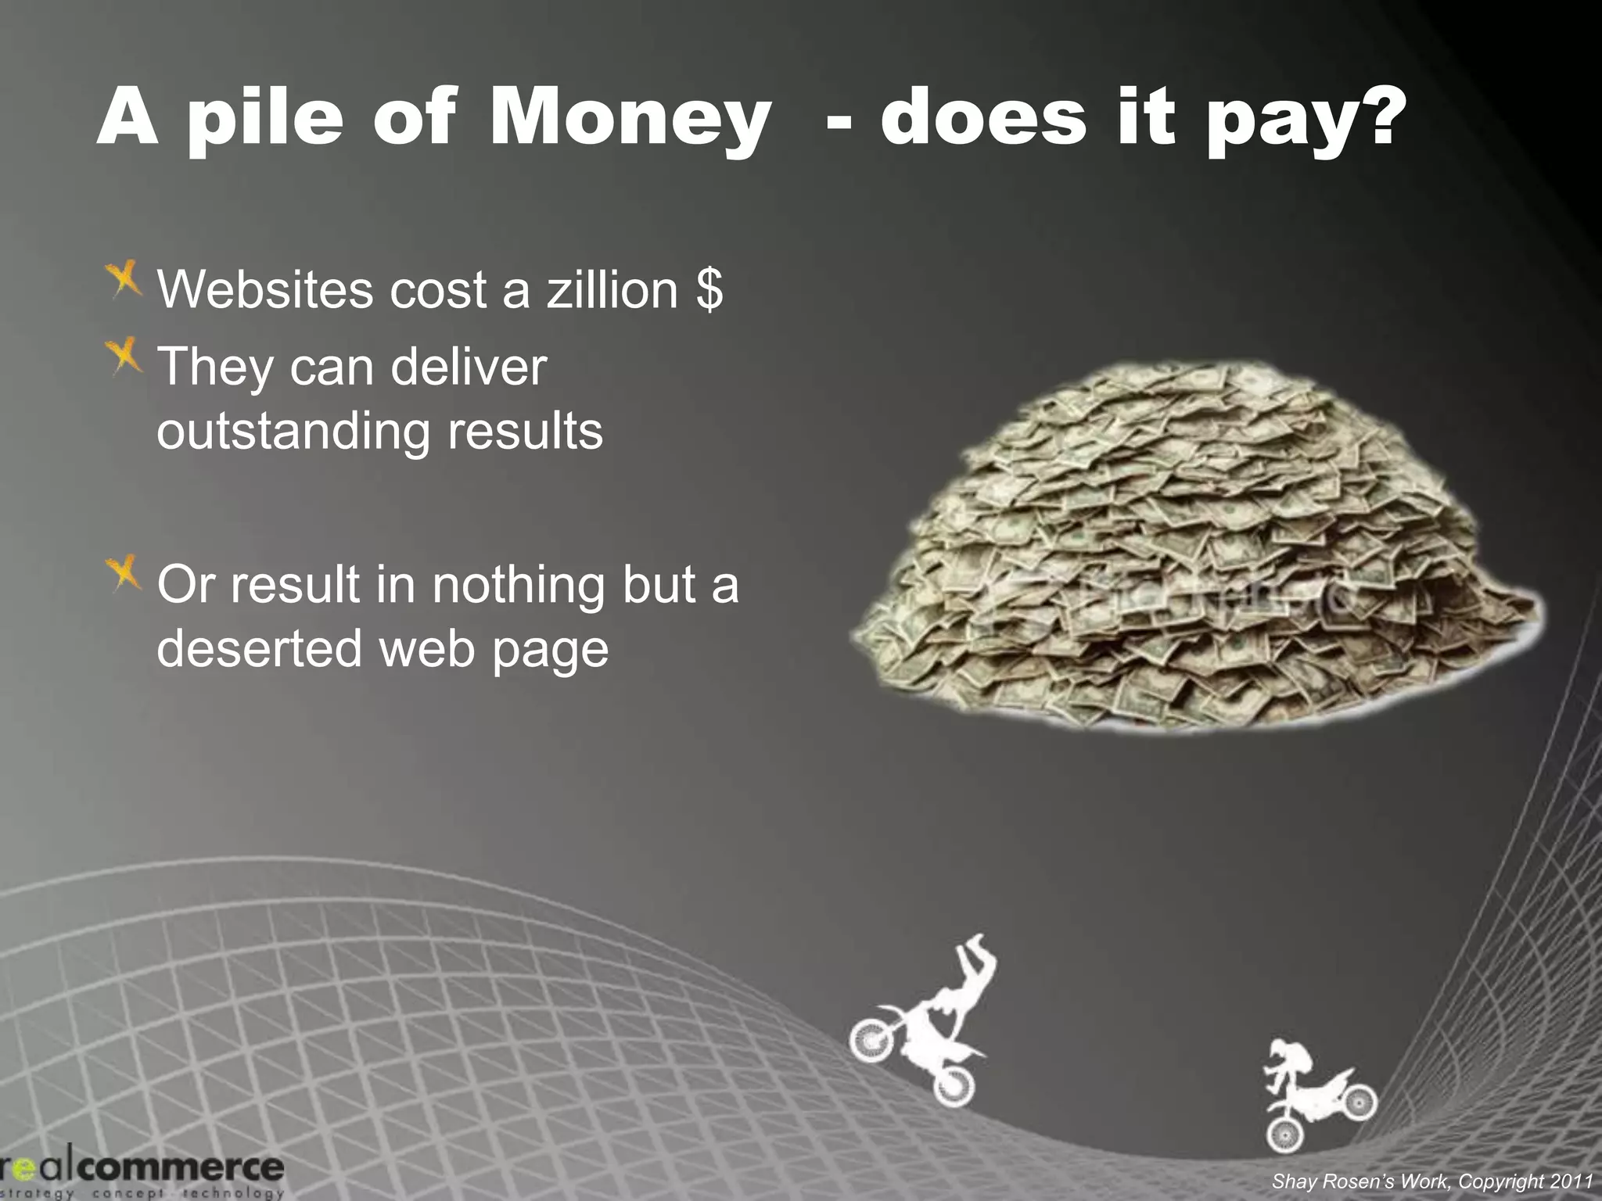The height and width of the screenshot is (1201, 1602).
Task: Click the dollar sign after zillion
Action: pos(709,289)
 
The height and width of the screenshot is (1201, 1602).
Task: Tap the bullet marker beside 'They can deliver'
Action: pos(125,357)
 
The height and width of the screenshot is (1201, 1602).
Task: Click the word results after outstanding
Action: pos(525,432)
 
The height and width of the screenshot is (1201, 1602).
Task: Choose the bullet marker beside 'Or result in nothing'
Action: pos(125,573)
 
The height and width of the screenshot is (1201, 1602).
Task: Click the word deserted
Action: pos(259,648)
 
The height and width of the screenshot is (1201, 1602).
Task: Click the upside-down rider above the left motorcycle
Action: pos(971,977)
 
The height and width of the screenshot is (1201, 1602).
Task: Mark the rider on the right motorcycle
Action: pos(1291,1063)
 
